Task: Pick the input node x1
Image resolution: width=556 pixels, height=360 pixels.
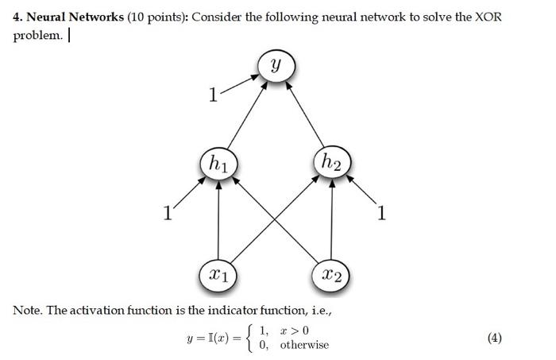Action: (x=217, y=275)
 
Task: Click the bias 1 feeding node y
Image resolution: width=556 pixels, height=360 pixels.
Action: (x=212, y=95)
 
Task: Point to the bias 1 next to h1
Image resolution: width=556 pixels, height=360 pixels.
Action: (x=166, y=212)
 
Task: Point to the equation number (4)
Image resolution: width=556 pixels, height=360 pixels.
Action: (x=494, y=338)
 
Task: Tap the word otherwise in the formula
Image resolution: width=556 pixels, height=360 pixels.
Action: (x=304, y=345)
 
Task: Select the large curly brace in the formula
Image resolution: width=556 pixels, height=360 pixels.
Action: (x=251, y=338)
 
